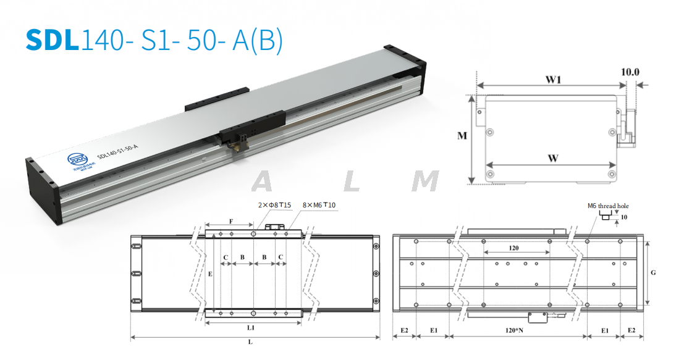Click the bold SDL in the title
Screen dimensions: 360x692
click(53, 39)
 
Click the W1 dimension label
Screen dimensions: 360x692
click(552, 79)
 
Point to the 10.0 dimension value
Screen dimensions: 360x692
click(630, 72)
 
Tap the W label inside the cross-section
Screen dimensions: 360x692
click(552, 158)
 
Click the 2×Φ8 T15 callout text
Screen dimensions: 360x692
click(274, 204)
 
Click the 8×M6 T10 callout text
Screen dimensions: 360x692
click(319, 204)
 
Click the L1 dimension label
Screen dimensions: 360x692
click(251, 327)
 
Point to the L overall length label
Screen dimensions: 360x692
click(250, 341)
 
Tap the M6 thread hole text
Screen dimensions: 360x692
click(609, 206)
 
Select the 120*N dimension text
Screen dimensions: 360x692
click(514, 330)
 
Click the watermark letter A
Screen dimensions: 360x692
click(263, 182)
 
